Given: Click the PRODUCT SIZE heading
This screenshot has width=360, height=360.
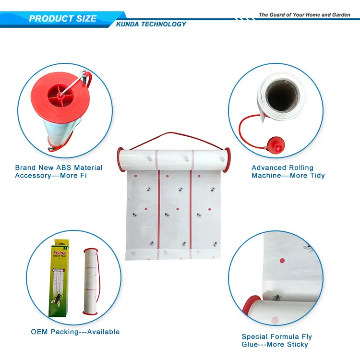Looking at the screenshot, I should [62, 19].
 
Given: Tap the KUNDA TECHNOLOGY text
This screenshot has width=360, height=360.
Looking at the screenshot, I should [151, 24].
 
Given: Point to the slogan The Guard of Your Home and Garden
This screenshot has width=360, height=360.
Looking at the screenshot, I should [304, 15].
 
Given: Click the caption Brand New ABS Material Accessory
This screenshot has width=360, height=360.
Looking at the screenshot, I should [59, 171].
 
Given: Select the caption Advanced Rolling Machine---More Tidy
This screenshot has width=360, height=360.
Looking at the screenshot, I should [288, 171].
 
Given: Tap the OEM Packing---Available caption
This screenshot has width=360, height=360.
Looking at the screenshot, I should [75, 332].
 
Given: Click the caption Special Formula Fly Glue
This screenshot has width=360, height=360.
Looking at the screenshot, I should [276, 340].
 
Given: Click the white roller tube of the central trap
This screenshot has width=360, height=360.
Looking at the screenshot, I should [175, 158].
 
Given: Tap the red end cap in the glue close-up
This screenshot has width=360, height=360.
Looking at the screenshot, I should [250, 307].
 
